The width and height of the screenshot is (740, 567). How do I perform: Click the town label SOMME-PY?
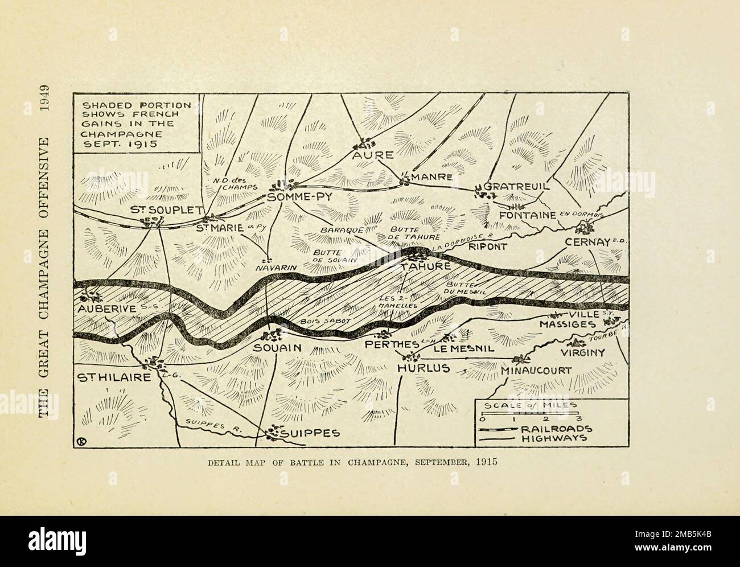(x=299, y=196)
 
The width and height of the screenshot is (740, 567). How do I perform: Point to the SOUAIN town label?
(x=277, y=348)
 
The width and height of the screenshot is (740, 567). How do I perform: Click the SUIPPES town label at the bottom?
(x=311, y=433)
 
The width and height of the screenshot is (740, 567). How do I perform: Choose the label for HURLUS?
(x=423, y=368)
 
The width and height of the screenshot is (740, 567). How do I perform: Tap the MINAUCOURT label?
(x=537, y=370)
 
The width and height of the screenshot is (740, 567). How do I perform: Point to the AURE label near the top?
(x=372, y=155)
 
